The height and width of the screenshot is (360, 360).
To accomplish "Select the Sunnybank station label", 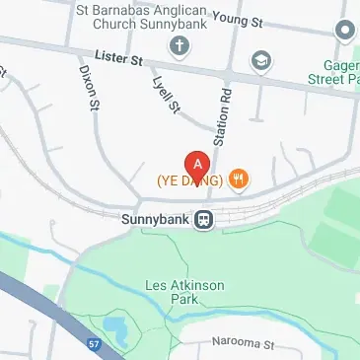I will tap(154, 220).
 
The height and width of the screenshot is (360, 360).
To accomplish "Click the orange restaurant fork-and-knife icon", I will tap(239, 180).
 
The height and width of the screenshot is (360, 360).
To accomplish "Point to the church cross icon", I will tap(180, 44).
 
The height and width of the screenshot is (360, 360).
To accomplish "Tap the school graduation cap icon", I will tap(260, 60).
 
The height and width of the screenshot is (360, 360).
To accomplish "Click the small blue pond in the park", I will tap(113, 327).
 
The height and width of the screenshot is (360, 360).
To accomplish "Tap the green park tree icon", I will tap(345, 31).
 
